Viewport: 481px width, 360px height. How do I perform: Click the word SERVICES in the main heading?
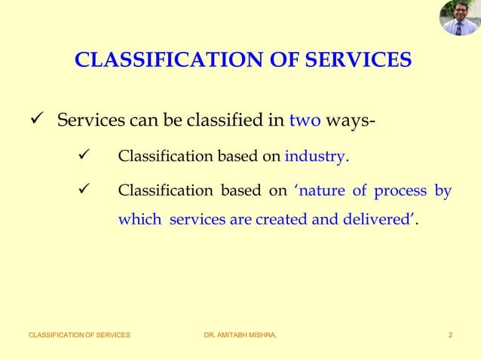coord(357,59)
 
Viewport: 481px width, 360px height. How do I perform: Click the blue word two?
coord(305,121)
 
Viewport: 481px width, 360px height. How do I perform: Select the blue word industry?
coord(316,157)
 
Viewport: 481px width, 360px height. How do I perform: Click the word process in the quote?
coord(400,191)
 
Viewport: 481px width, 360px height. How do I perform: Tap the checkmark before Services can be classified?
coord(35,121)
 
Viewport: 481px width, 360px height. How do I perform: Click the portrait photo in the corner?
coord(459,19)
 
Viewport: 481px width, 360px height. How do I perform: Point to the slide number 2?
coord(450,334)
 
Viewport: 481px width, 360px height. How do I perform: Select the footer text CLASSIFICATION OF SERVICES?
coord(79,334)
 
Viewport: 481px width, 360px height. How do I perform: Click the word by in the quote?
coord(443,191)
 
